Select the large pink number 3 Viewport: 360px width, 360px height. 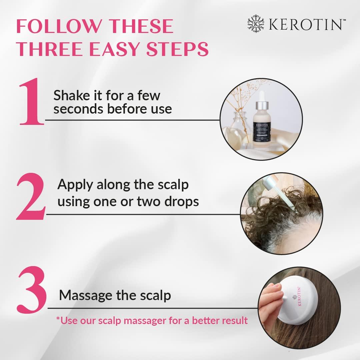[32, 293]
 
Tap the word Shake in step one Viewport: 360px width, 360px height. [71, 96]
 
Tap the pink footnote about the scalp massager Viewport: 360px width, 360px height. [152, 320]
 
